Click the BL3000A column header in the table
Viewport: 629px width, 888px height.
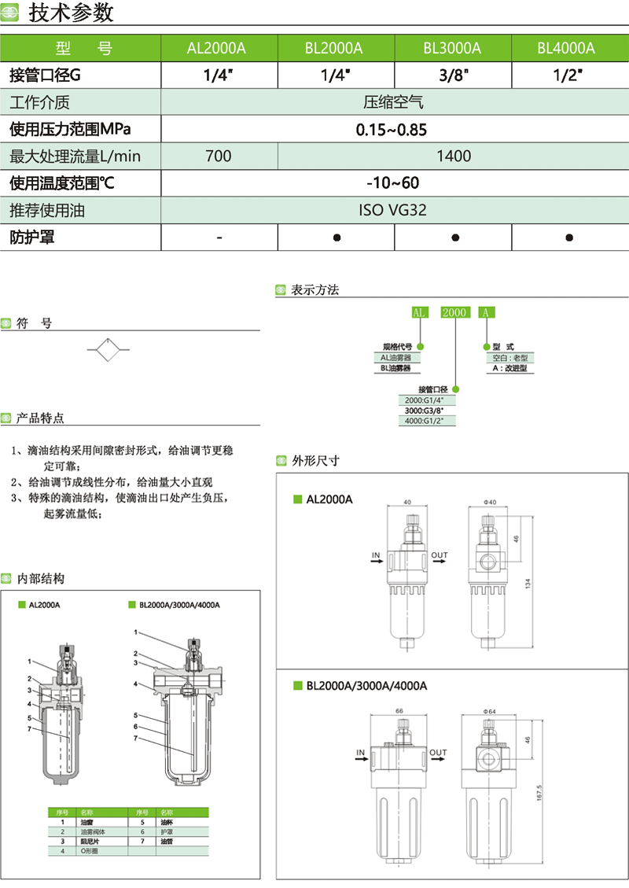pyautogui.click(x=452, y=48)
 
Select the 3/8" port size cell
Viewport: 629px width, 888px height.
pyautogui.click(x=452, y=76)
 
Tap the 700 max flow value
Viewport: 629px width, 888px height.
pyautogui.click(x=219, y=156)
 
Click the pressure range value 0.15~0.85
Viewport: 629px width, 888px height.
pyautogui.click(x=392, y=129)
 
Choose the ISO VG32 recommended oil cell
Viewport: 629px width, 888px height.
pyautogui.click(x=393, y=210)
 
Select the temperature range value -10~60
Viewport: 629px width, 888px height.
pyautogui.click(x=393, y=183)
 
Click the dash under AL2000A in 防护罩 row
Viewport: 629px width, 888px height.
pyautogui.click(x=219, y=237)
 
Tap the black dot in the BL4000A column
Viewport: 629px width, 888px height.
pyautogui.click(x=568, y=237)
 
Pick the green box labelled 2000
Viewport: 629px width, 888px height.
pyautogui.click(x=454, y=312)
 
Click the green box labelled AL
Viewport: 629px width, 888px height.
pyautogui.click(x=419, y=312)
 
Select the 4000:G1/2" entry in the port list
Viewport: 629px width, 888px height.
pyautogui.click(x=425, y=421)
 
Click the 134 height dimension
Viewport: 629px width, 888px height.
pyautogui.click(x=528, y=583)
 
